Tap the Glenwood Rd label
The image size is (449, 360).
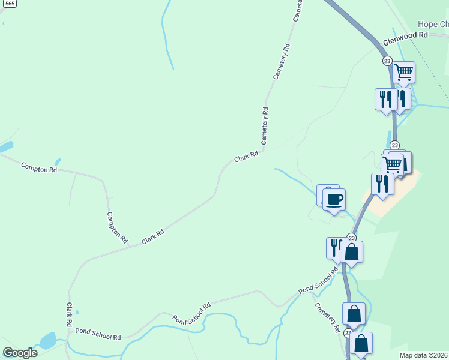point(406,36)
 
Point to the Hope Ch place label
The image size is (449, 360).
point(433,24)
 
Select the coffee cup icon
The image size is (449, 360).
point(334,199)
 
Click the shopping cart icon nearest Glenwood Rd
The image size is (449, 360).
point(404,72)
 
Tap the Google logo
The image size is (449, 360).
point(20,352)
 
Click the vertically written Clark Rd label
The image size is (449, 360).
point(70,314)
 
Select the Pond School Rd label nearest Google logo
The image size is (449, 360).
point(98,334)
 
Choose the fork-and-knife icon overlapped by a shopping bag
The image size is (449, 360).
point(334,247)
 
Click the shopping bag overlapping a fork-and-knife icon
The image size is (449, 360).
point(352,251)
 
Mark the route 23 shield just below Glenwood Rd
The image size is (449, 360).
point(387,61)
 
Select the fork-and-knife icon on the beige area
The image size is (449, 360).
point(382,183)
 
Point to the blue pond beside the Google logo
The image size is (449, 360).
point(46,341)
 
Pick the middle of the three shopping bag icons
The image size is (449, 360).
point(354,313)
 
